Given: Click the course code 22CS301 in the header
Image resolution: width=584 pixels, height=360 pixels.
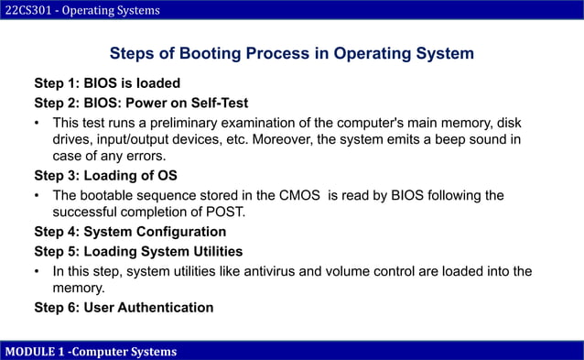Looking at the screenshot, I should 27,10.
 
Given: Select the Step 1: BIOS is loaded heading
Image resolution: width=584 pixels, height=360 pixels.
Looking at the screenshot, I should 107,83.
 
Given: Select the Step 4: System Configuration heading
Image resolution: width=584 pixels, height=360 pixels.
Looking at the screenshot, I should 130,232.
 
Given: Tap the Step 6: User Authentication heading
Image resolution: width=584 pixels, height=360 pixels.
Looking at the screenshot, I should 124,307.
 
